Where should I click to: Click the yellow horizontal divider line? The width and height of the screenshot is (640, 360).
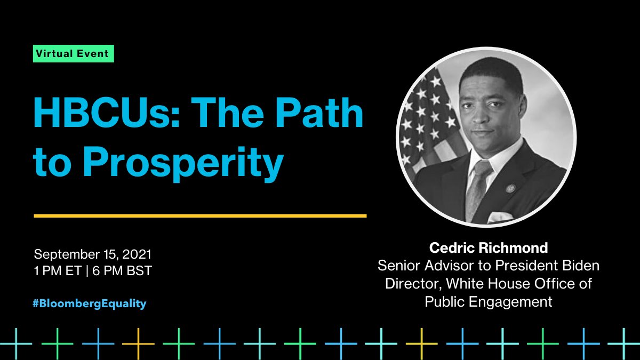tap(200, 216)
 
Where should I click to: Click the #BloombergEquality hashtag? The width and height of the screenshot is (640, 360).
tap(90, 303)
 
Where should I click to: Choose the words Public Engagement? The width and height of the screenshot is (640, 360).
tap(488, 301)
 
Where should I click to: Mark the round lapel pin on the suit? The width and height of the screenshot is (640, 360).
tap(510, 188)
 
